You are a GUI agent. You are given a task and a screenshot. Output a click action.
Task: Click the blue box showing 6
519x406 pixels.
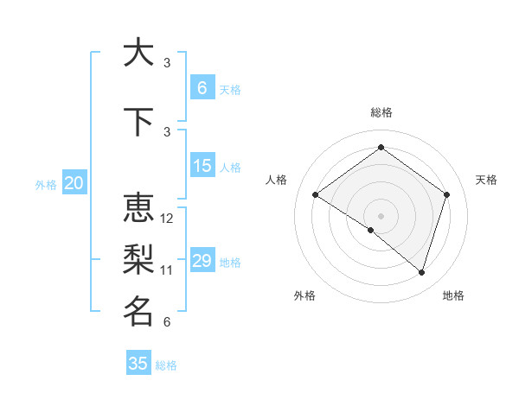pos(202,87)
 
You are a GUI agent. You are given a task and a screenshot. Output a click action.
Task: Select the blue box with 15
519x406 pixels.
pos(202,166)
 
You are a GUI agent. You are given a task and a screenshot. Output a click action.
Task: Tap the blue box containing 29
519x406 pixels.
pos(202,261)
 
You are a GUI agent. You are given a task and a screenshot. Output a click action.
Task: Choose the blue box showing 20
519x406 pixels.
pos(74,182)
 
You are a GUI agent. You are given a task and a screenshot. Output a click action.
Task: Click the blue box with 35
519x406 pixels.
pos(138,364)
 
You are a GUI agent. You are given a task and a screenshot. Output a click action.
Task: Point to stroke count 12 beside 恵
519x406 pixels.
pos(167,219)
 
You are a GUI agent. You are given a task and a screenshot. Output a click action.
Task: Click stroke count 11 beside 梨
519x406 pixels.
pos(167,270)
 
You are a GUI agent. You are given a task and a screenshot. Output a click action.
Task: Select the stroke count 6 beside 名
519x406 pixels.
pos(167,322)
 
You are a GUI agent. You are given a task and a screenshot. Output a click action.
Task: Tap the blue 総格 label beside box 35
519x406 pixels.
pos(166,365)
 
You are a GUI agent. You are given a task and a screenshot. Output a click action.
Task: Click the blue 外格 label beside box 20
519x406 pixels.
pos(46,184)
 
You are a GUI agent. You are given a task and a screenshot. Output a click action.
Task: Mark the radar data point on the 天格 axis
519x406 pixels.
pos(447,194)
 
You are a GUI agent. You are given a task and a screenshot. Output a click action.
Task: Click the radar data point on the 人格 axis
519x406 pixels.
pos(316,194)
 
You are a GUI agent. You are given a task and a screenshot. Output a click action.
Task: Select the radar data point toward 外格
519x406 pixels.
pos(371,230)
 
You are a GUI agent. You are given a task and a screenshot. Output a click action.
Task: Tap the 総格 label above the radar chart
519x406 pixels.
pos(381,112)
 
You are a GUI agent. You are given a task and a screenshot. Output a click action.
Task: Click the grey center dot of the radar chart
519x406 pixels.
pos(381,215)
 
